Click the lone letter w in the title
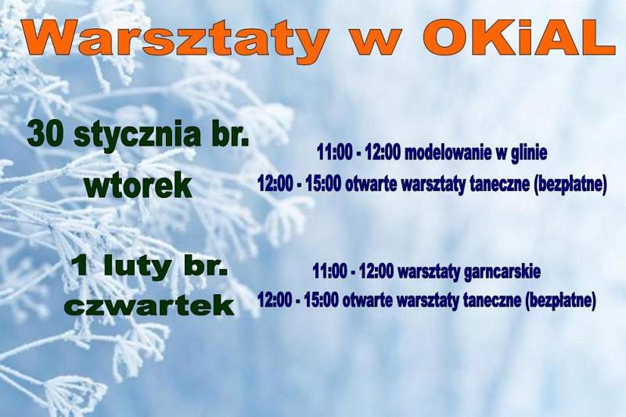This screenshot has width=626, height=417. [x=376, y=42]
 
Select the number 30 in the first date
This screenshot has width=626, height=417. [x=46, y=135]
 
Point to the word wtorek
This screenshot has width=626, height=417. [x=139, y=185]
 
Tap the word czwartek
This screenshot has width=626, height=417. [x=149, y=307]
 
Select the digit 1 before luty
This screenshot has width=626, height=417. [x=81, y=267]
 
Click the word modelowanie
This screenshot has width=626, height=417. [x=448, y=152]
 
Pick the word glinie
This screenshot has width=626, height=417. [x=529, y=153]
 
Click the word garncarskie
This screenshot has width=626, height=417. [x=502, y=272]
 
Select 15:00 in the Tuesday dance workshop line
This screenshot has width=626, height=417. [x=324, y=185]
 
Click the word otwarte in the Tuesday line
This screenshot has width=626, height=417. [x=372, y=185]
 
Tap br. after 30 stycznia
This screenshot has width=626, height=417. [x=230, y=135]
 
